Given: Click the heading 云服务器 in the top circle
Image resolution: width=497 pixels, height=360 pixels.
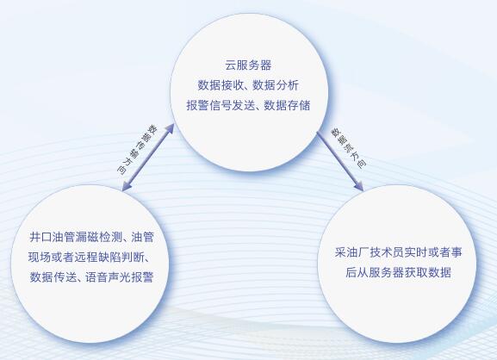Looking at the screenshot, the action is point(248,65).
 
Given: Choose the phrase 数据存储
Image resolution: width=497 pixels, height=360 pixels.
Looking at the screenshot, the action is point(287,105).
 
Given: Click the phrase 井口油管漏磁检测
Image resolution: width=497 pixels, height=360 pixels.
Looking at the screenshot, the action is point(76,237).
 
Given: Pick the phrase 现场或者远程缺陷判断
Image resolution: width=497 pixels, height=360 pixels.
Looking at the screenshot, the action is point(86,257).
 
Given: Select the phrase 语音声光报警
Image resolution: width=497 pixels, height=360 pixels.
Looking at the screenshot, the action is point(119,277).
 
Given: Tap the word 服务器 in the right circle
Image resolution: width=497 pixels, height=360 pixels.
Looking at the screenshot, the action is point(387,272).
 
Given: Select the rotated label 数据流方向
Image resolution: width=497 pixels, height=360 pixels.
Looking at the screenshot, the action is point(349,147).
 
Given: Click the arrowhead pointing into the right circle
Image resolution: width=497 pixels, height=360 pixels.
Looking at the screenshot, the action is point(359,186).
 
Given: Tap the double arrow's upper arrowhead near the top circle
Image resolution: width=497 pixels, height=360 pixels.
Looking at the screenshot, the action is point(170,128).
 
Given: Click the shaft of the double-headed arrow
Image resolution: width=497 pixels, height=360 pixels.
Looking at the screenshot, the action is point(148,158).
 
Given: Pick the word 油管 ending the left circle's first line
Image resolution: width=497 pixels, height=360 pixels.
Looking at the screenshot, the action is point(142,237).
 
